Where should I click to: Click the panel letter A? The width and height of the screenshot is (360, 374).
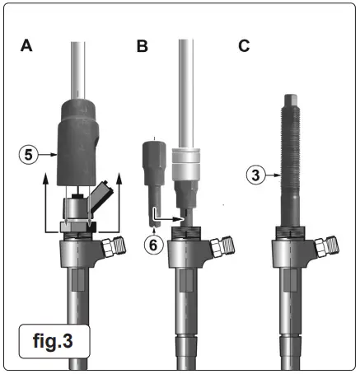[26, 47]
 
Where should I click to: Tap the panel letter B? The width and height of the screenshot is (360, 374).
[142, 47]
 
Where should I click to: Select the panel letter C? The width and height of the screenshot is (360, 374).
[244, 47]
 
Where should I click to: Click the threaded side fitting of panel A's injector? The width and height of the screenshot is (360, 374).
[115, 245]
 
